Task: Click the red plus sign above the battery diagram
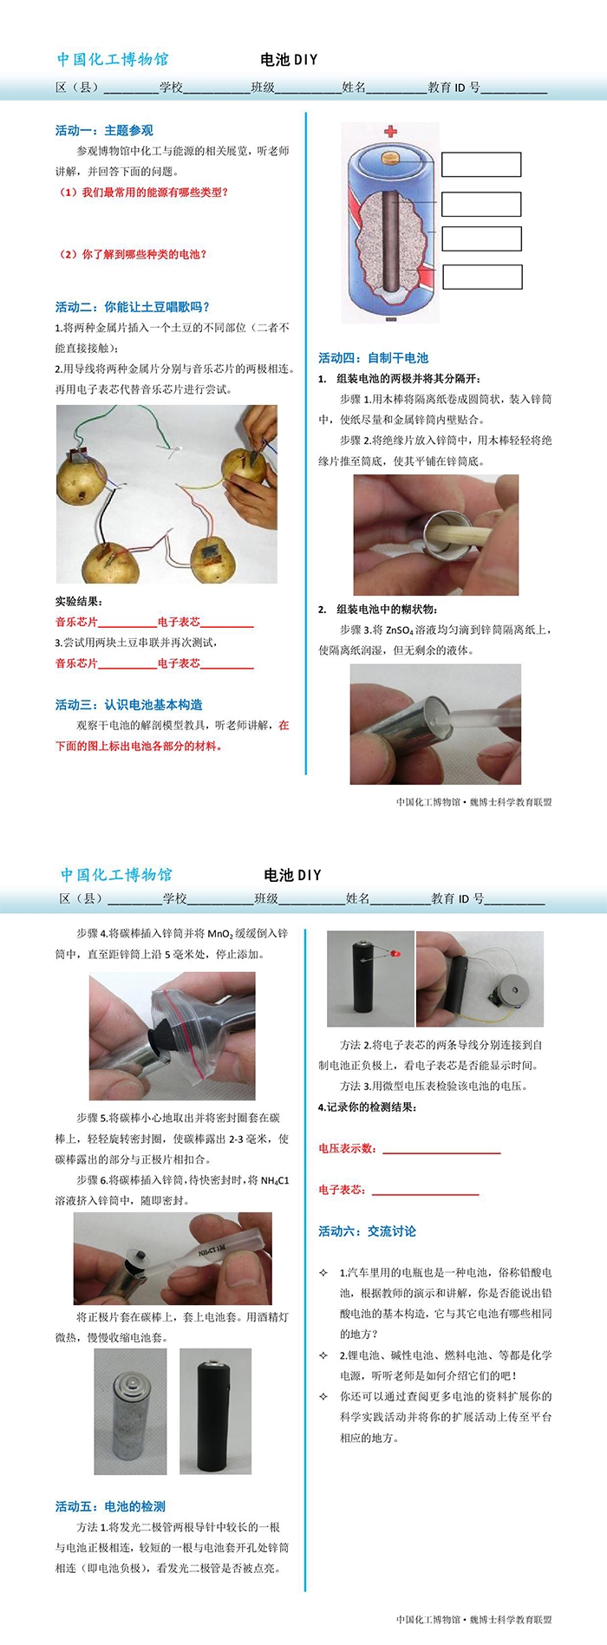point(390,131)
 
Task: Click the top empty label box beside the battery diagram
point(481,165)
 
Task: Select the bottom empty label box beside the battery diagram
point(482,277)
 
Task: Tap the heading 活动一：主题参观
point(104,130)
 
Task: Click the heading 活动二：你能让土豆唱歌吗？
point(133,307)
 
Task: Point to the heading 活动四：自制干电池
point(373,357)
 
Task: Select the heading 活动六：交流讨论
point(367,1230)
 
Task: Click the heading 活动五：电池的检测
point(110,1506)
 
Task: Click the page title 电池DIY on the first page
point(290,60)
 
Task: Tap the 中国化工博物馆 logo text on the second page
point(116,874)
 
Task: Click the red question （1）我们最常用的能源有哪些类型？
point(143,193)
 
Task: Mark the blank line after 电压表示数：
point(441,1153)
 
